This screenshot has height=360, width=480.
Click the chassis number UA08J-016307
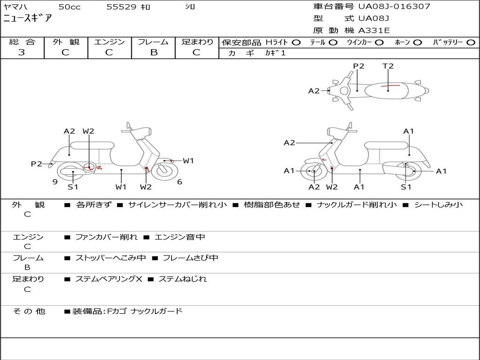[394, 7]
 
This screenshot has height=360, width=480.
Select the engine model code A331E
[374, 30]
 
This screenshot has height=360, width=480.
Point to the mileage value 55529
[121, 7]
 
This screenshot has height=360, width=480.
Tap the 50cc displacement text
[69, 7]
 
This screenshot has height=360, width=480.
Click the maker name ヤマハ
[15, 7]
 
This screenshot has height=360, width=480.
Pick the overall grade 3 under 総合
[22, 52]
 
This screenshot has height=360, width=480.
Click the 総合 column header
[22, 42]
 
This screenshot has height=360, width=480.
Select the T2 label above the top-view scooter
[388, 66]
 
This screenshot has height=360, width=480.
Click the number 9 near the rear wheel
[55, 182]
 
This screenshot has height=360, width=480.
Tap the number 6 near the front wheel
[180, 182]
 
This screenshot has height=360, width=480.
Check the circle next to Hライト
[296, 42]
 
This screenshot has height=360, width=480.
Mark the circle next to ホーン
[417, 42]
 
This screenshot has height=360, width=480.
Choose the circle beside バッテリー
[471, 42]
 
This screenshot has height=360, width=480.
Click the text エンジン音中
[180, 237]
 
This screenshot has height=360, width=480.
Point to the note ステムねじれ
[182, 279]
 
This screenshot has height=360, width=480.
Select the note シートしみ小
[438, 205]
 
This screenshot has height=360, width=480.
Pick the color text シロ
[190, 7]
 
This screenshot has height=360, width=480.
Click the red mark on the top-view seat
[390, 86]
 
